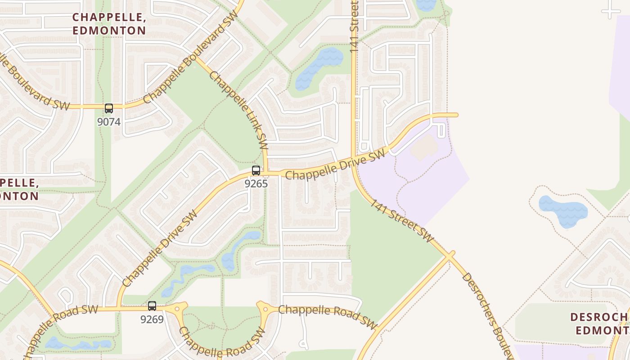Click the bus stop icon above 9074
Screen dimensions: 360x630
(x=109, y=108)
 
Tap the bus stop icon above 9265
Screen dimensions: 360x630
(x=256, y=171)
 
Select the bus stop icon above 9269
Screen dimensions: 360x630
(x=152, y=306)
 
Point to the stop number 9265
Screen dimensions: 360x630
(x=256, y=184)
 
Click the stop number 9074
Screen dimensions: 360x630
(x=109, y=121)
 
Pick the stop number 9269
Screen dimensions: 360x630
(x=152, y=319)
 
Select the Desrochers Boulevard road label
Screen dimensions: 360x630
(x=488, y=315)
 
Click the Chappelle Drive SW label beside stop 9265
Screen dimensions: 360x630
(x=335, y=165)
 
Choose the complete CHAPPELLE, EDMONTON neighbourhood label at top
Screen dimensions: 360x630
(x=109, y=24)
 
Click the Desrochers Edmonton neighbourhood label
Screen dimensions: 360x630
(x=601, y=323)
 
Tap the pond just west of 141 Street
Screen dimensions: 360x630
(x=319, y=67)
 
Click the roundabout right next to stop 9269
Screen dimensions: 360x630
(x=177, y=309)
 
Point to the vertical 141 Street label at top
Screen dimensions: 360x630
(x=355, y=27)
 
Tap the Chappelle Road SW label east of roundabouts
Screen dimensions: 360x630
(x=327, y=317)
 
